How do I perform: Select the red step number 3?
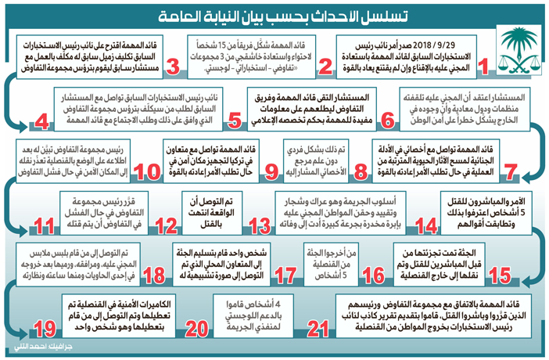click(x=174, y=66)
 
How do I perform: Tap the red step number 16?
click(x=374, y=275)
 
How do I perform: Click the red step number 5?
click(x=234, y=121)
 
